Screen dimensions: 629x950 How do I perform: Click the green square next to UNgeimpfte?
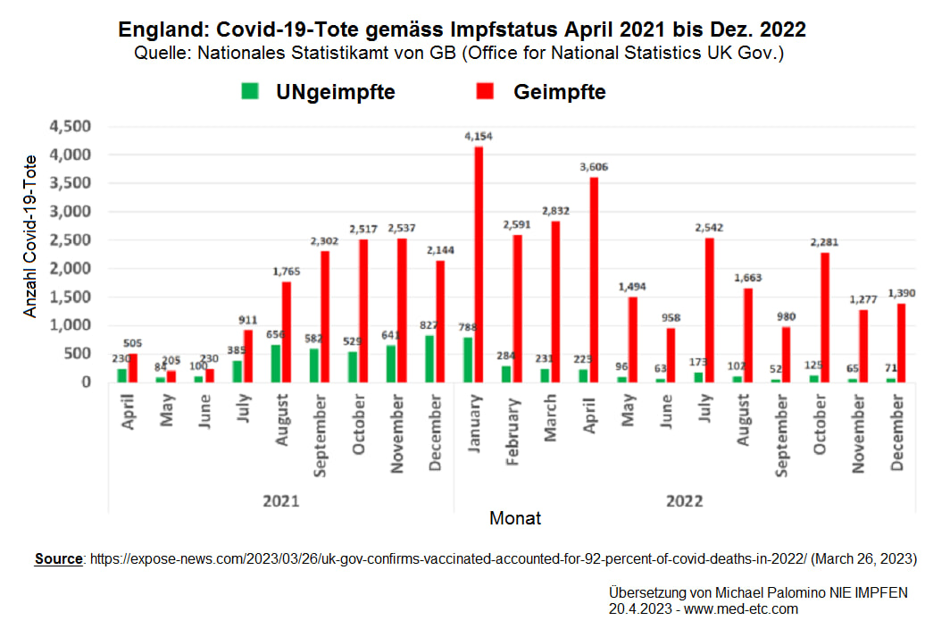pos(250,91)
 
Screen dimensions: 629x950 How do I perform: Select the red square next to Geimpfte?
pos(486,91)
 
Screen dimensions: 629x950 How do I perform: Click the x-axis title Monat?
pos(515,518)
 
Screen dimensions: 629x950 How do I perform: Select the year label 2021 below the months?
pos(280,501)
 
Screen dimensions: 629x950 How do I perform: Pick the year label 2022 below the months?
pos(684,501)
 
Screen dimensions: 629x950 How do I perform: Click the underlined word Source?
pos(58,559)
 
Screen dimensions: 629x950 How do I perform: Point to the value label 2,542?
pos(708,228)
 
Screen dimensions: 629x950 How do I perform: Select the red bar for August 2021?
pos(287,331)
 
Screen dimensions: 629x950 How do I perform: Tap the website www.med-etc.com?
pos(740,609)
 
